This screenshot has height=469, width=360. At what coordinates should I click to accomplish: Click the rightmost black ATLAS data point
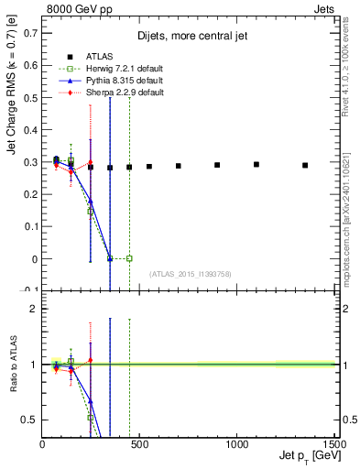click(x=305, y=165)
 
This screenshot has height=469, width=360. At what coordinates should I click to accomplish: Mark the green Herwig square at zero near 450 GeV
click(x=129, y=258)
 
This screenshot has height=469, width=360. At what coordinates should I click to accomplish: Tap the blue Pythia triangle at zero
click(x=110, y=258)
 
